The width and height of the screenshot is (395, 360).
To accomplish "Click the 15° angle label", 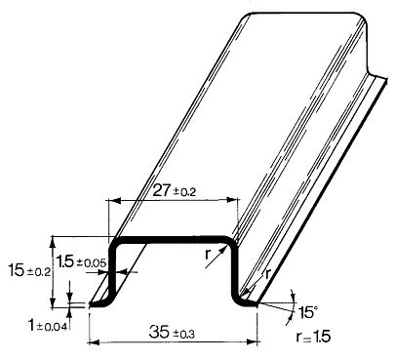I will (x=308, y=311).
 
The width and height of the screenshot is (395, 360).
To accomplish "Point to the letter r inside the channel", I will (x=208, y=253).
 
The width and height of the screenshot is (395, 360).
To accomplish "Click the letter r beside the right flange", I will (x=266, y=274).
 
